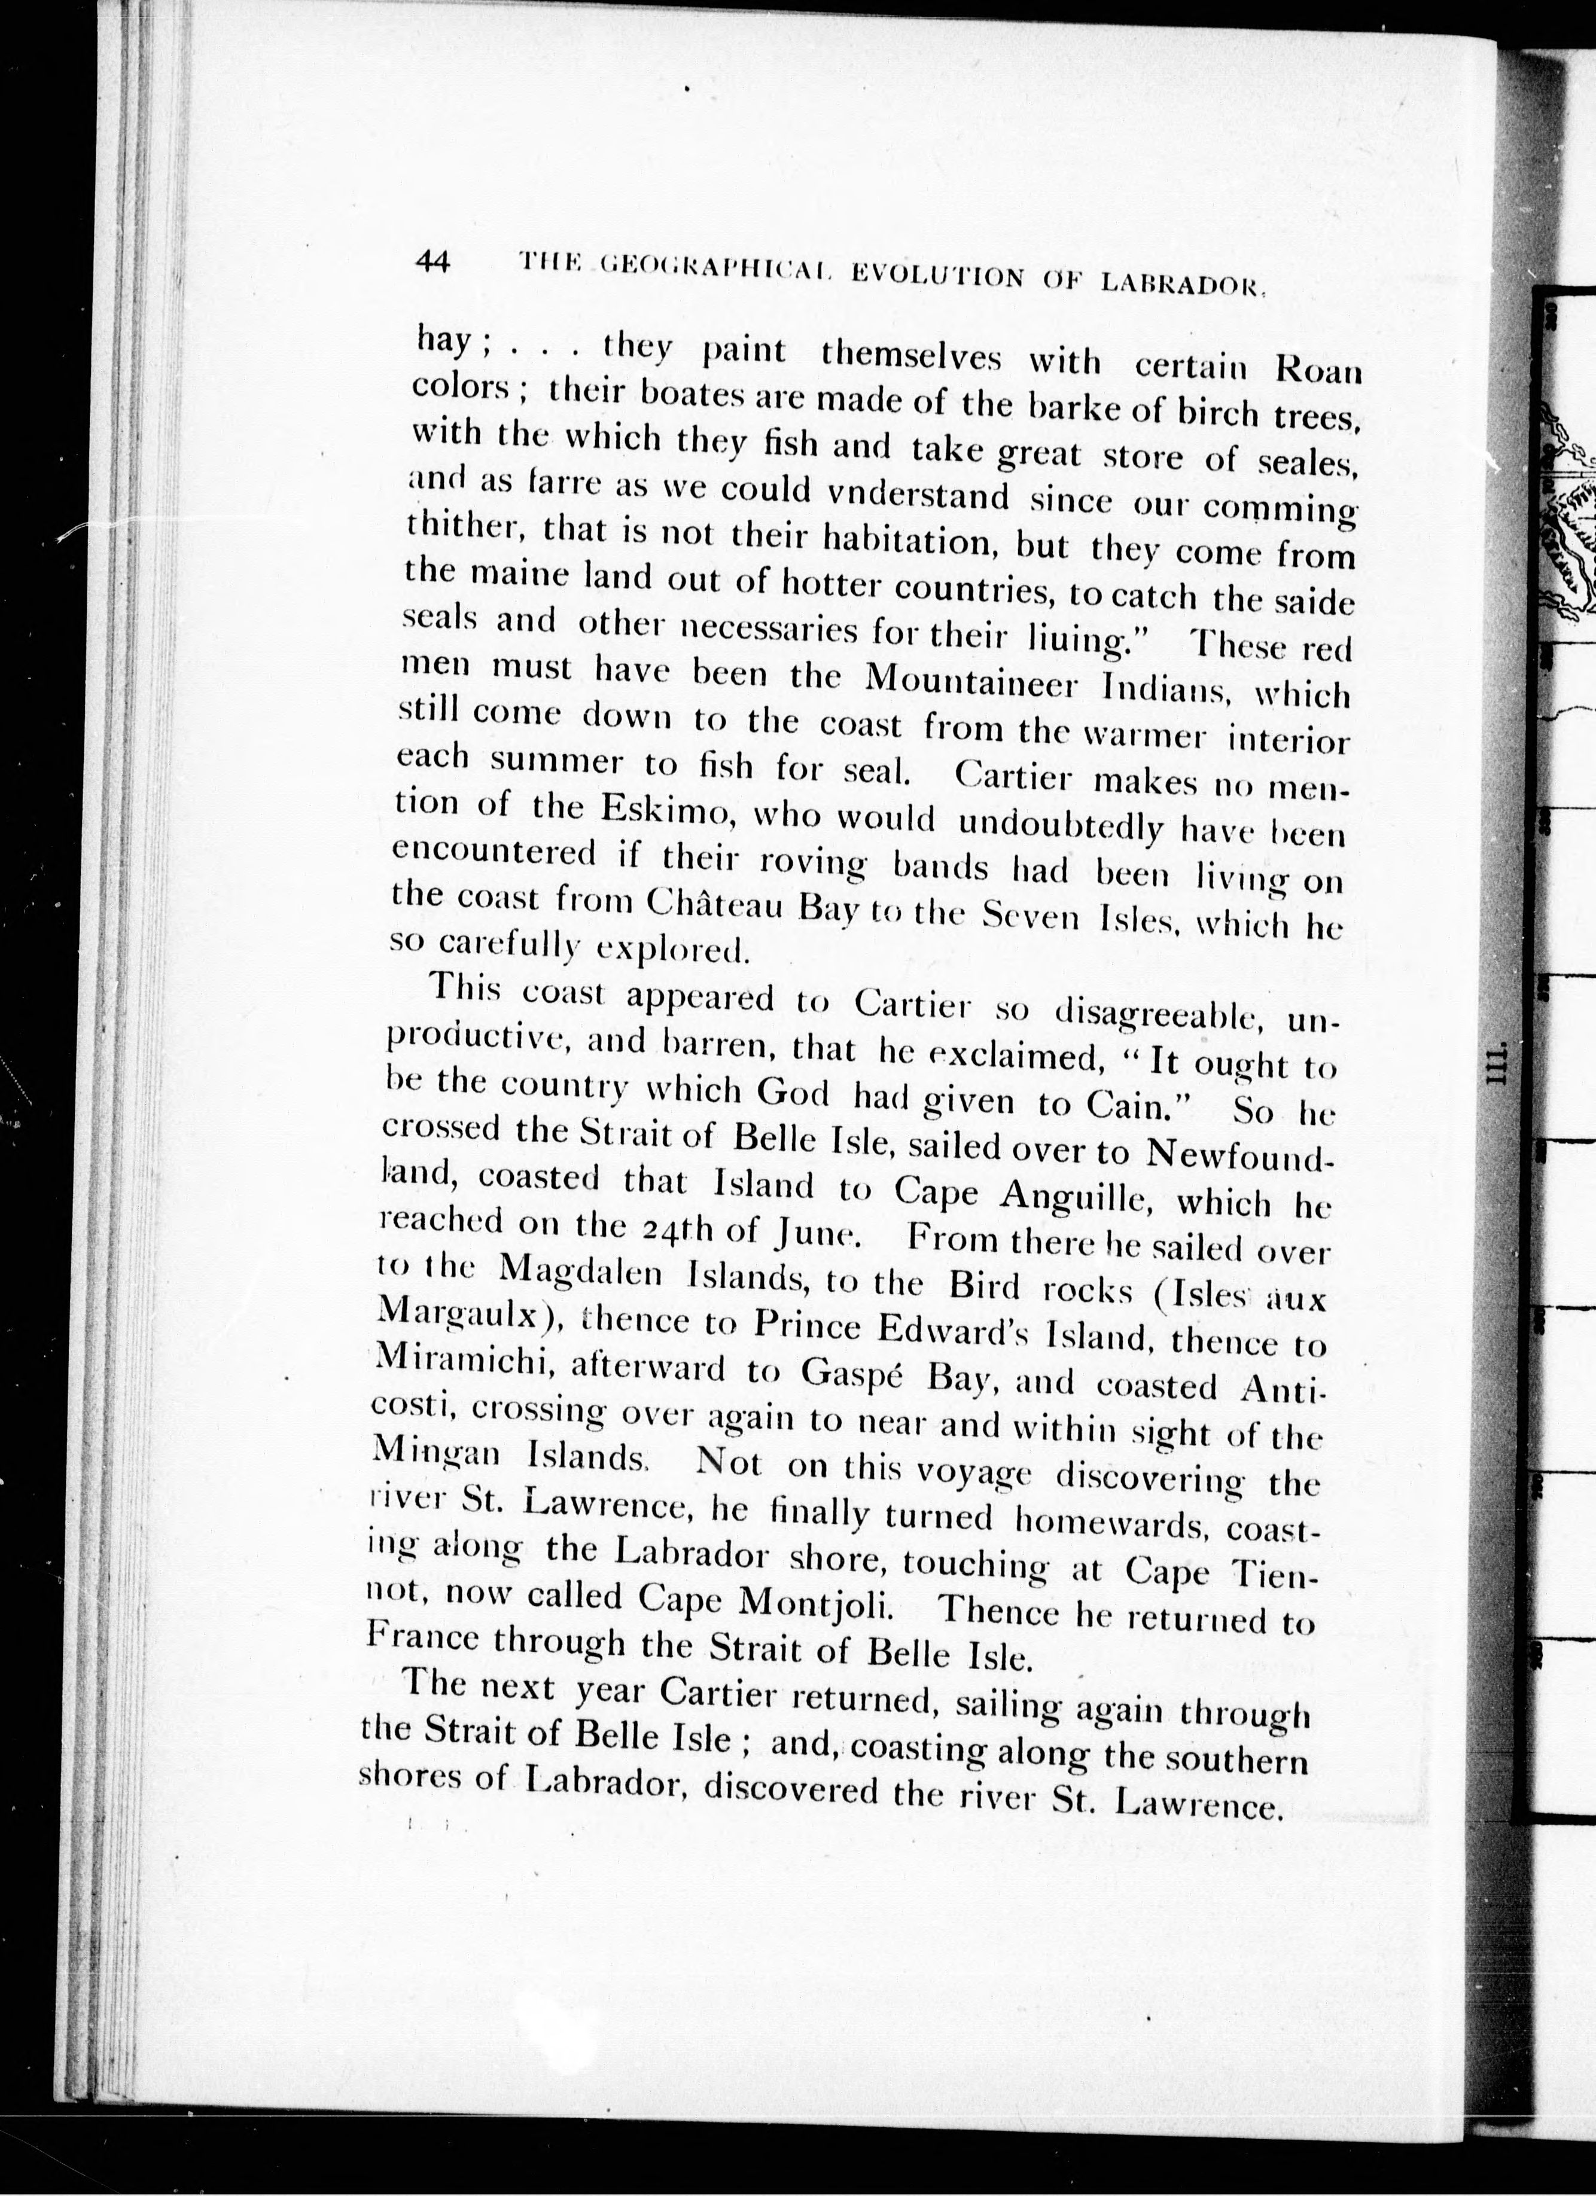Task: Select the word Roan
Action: click(1314, 370)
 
